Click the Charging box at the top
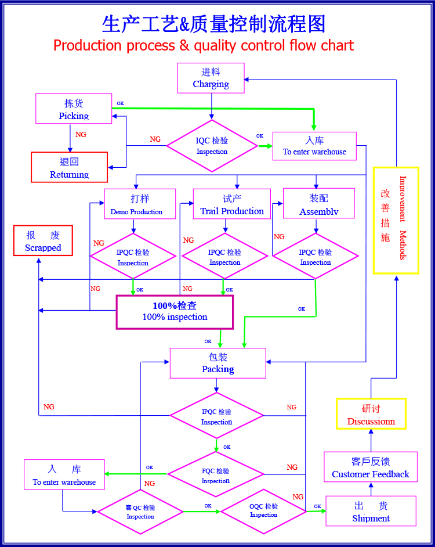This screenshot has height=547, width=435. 211,78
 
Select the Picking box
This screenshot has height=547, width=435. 74,109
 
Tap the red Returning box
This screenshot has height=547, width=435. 70,167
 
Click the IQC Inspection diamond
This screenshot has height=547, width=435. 212,146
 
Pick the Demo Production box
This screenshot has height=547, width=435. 140,204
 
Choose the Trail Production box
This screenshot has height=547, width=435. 232,204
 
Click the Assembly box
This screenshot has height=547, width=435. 318,203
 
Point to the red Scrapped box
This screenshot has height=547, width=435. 43,241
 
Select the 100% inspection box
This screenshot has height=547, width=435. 175,312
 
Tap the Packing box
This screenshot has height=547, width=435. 218,363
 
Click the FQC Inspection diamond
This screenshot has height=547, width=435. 216,474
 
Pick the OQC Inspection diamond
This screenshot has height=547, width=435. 263,512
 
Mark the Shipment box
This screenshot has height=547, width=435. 371,511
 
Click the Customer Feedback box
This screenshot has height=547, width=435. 371,467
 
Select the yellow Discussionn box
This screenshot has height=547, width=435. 371,414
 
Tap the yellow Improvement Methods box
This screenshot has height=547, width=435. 396,221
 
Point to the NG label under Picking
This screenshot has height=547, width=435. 81,135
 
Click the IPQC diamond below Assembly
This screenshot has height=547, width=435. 316,256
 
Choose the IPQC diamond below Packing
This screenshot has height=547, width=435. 216,416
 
